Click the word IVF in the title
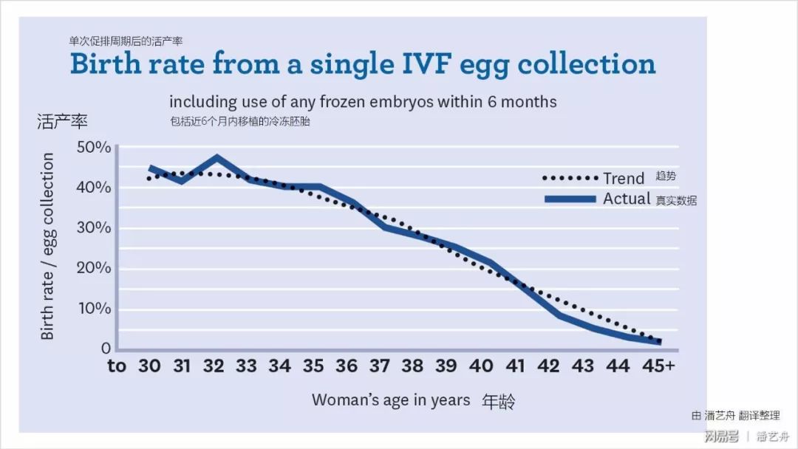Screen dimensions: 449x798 419,64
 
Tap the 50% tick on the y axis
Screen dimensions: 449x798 94,147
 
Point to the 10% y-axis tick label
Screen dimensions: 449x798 95,308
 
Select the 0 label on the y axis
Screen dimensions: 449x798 106,348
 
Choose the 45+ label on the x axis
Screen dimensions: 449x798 658,366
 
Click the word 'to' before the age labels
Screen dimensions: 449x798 117,366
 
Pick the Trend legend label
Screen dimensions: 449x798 624,178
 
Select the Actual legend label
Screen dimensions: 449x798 627,199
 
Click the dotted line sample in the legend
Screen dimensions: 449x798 570,178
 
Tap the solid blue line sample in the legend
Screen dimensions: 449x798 570,199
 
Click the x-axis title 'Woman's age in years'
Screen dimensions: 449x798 391,400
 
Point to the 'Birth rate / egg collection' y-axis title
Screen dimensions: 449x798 48,246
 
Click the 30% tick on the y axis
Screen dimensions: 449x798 94,227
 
